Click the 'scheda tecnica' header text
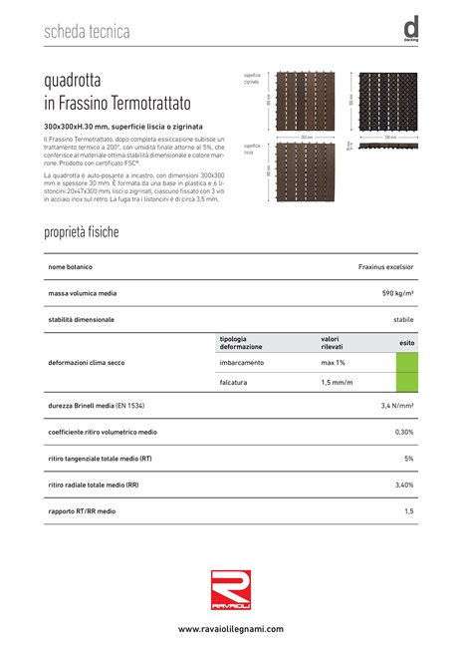tap(87, 32)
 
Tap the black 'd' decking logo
tap(410, 30)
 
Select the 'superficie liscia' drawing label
tap(250, 149)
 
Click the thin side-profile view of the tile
tap(386, 145)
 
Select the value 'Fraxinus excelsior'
tap(385, 268)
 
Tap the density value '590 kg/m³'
tap(397, 294)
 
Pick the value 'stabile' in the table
tap(403, 319)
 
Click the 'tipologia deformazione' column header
tap(241, 342)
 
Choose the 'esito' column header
tap(406, 342)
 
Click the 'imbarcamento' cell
tap(241, 362)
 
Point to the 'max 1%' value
tap(333, 362)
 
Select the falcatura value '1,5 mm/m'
tap(337, 382)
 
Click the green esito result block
tap(406, 372)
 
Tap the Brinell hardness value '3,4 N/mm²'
tap(396, 407)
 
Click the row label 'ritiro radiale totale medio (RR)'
tap(94, 485)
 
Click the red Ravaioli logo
tap(231, 585)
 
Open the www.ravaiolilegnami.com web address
tap(231, 629)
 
